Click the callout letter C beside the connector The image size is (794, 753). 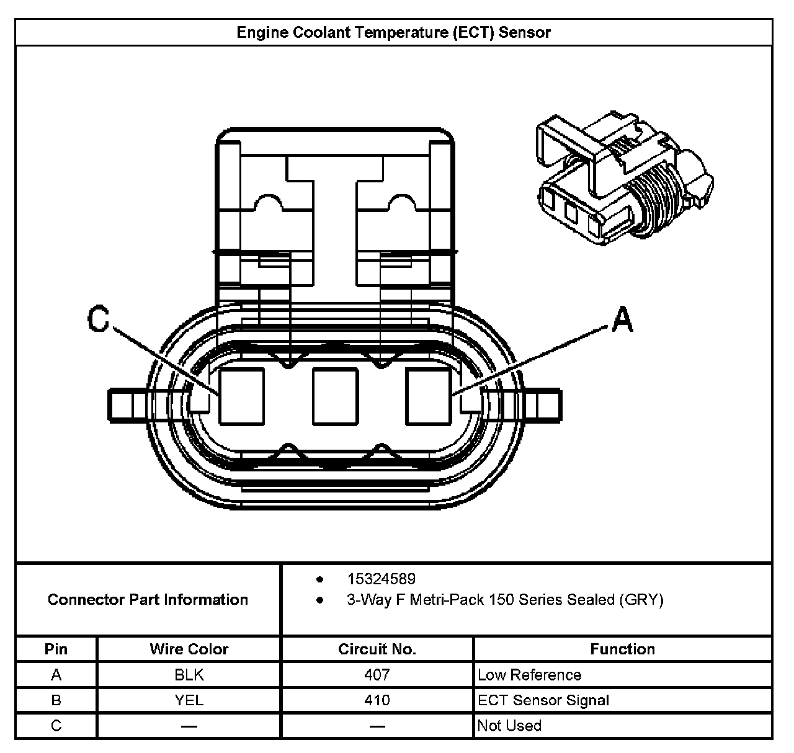pos(98,319)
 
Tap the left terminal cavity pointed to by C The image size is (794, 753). pos(241,396)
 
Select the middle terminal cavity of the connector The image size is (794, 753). pos(335,396)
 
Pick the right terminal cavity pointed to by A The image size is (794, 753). pos(428,396)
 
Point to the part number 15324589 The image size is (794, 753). pos(381,579)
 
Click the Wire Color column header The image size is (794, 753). pos(189,649)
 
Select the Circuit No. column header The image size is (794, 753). pos(377,649)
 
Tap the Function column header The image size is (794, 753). pos(622,649)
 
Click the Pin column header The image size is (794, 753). pos(56,649)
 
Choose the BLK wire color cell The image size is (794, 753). pos(189,675)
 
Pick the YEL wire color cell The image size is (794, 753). pos(189,700)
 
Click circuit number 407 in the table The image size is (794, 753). pos(377,675)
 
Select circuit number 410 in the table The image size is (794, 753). pos(377,700)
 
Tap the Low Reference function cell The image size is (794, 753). pos(529,675)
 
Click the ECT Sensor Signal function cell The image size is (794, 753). pos(543,700)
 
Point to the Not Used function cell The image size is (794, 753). pos(509,726)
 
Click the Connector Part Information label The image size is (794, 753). pos(148,600)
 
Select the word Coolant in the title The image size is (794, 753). pos(319,32)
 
